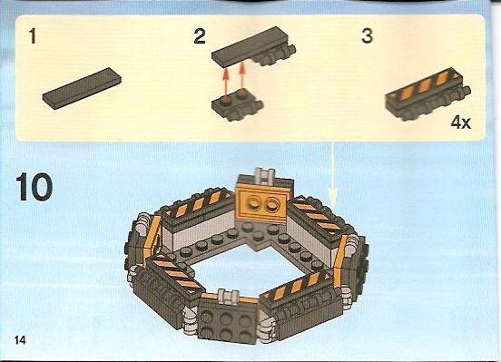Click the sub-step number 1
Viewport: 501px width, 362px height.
pyautogui.click(x=33, y=36)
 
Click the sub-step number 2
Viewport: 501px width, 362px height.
pyautogui.click(x=200, y=36)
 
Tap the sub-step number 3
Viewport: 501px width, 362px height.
pyautogui.click(x=367, y=35)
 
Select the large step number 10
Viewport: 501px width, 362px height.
pyautogui.click(x=34, y=187)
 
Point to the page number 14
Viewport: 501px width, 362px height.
pyautogui.click(x=19, y=340)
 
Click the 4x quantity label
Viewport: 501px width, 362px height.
pyautogui.click(x=461, y=122)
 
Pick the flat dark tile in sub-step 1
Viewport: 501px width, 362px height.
pyautogui.click(x=82, y=88)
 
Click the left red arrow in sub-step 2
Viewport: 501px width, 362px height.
pyautogui.click(x=226, y=83)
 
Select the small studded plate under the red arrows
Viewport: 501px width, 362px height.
pyautogui.click(x=238, y=106)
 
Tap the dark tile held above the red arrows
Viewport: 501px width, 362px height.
pyautogui.click(x=252, y=47)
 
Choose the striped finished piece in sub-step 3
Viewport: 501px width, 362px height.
pyautogui.click(x=428, y=93)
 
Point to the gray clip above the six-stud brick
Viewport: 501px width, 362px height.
pyautogui.click(x=227, y=296)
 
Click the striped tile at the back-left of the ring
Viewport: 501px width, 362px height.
pyautogui.click(x=197, y=203)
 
